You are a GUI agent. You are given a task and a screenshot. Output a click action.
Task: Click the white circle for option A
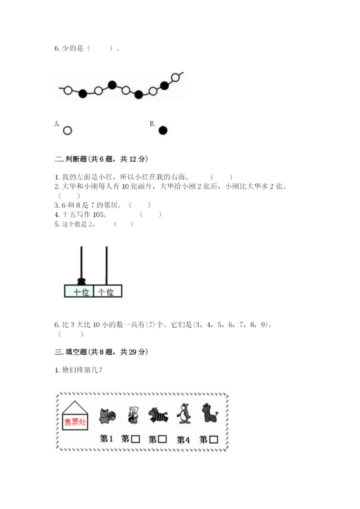[67, 130]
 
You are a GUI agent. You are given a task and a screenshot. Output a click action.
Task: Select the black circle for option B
[163, 130]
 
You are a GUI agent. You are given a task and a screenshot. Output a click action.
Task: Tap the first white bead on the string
[68, 91]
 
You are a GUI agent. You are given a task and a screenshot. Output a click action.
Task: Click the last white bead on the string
[175, 77]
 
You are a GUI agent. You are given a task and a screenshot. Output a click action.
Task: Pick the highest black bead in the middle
[112, 84]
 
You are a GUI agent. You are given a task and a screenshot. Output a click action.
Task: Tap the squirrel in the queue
[106, 415]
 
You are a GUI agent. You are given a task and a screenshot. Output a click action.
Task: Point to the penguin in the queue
[184, 413]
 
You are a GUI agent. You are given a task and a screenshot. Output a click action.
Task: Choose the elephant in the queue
[132, 414]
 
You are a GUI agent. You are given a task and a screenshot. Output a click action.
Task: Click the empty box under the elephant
[136, 439]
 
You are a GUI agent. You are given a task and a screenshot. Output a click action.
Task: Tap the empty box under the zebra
[162, 439]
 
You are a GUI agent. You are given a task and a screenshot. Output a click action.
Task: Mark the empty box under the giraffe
[213, 439]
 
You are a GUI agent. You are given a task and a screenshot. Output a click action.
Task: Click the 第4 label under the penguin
[183, 440]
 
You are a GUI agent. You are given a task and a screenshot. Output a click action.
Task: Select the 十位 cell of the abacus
[79, 291]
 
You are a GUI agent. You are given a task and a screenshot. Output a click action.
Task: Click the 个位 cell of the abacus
[107, 291]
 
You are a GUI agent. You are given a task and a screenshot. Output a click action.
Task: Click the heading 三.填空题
[82, 352]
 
